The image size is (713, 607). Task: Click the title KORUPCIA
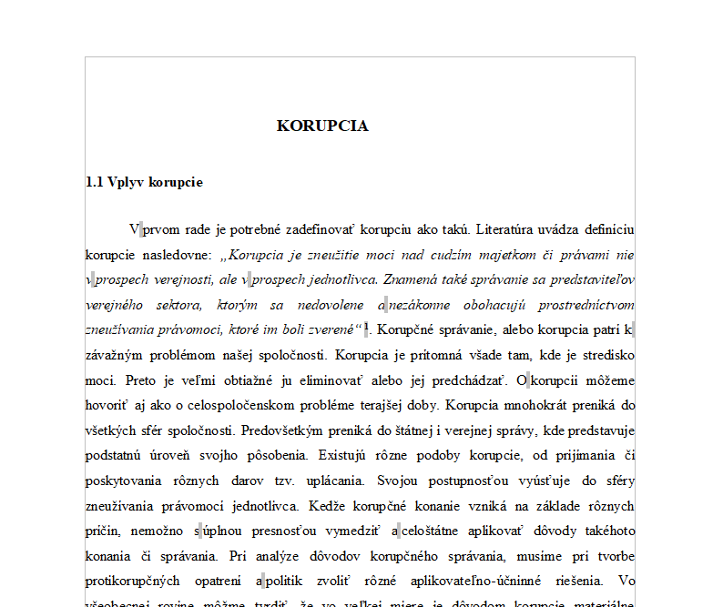322,126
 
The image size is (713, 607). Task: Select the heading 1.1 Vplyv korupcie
144,182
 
